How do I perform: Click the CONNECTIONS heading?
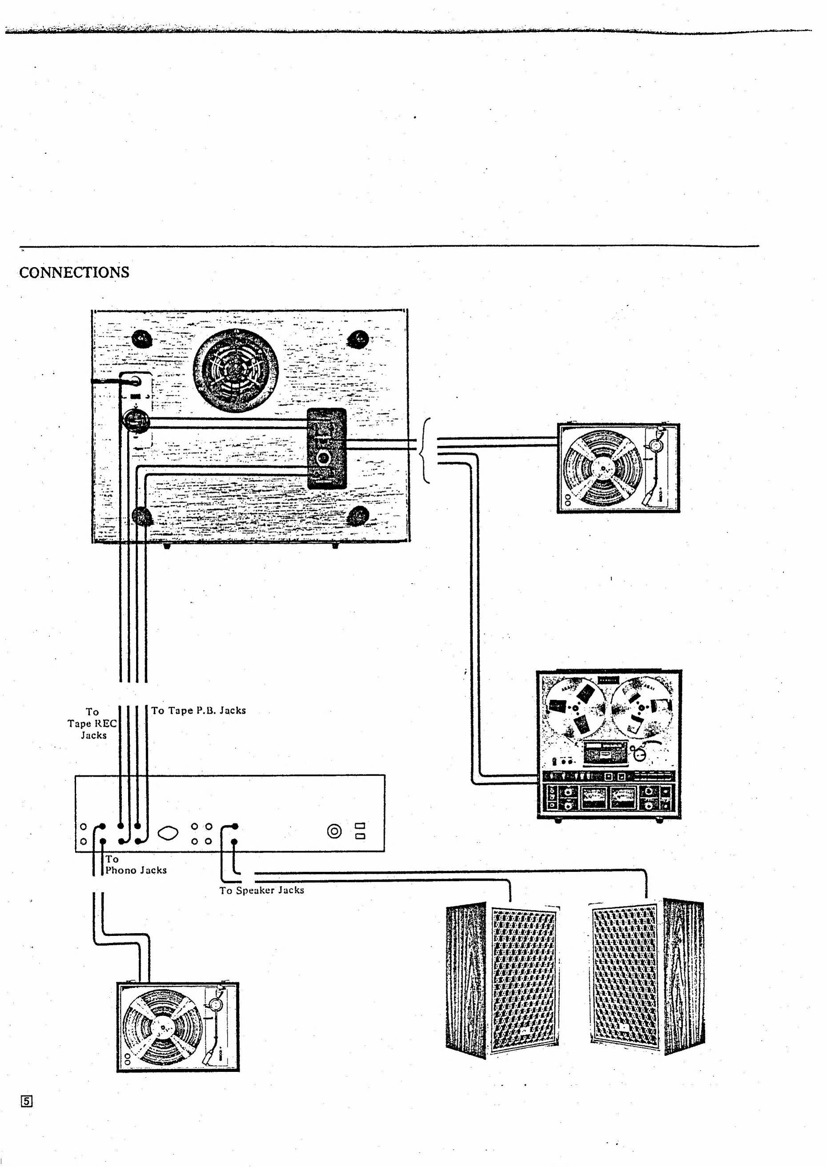[74, 272]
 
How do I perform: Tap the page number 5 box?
[27, 1101]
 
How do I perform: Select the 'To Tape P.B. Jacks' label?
[199, 711]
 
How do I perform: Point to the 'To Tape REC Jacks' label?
[92, 723]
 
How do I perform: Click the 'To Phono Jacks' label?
[136, 865]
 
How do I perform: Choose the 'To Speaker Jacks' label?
[262, 890]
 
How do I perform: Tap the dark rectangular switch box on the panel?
[326, 448]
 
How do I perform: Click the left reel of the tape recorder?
[575, 707]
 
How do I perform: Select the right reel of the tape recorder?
[641, 707]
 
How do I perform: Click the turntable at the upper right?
[618, 468]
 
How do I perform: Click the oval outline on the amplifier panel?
[169, 833]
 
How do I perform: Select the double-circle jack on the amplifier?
[334, 831]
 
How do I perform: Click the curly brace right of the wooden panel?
[426, 451]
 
